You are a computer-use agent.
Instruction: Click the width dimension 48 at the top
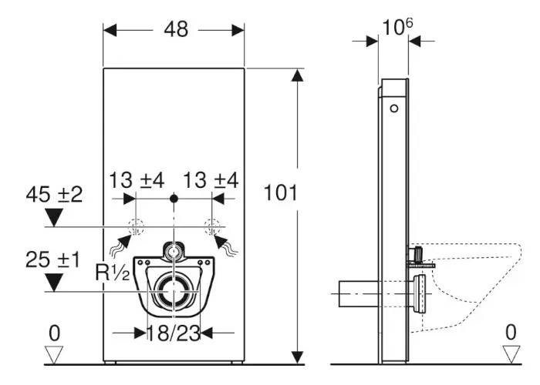(x=176, y=29)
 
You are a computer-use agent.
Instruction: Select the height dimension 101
(x=280, y=192)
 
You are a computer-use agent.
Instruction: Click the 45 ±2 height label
(x=54, y=195)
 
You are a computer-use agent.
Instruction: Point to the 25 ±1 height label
(x=52, y=259)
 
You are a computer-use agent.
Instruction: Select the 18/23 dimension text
(x=174, y=333)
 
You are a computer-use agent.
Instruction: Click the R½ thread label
(x=113, y=273)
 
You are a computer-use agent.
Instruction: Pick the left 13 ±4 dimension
(x=137, y=180)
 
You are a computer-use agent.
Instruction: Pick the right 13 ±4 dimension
(x=211, y=180)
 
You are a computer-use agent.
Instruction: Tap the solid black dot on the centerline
(x=174, y=199)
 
